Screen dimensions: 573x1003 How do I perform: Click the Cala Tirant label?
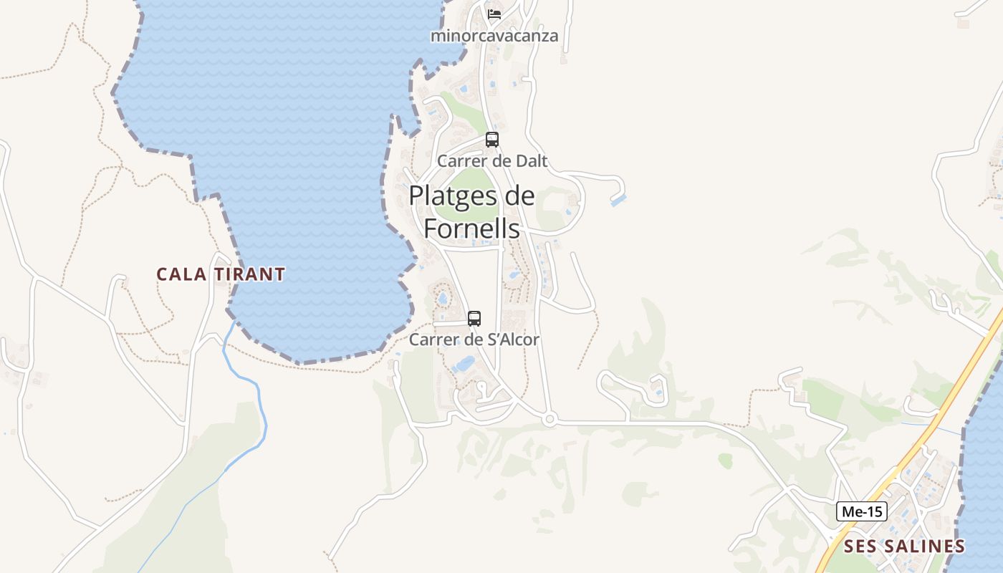(221, 274)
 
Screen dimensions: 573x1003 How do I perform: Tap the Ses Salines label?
(904, 546)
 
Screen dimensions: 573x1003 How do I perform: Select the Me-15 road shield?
(862, 511)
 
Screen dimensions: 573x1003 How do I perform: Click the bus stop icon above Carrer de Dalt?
(492, 140)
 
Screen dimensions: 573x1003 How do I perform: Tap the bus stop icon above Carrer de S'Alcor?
(474, 319)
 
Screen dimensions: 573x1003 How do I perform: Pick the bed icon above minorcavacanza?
(494, 14)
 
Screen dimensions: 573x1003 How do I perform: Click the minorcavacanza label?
(494, 35)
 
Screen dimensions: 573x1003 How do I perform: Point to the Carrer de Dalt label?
(492, 161)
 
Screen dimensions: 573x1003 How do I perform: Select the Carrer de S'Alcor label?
(474, 340)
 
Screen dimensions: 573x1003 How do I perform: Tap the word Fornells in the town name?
(471, 228)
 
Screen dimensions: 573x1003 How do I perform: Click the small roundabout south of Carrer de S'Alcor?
(550, 420)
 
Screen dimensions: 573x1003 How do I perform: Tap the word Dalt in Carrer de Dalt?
(531, 161)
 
